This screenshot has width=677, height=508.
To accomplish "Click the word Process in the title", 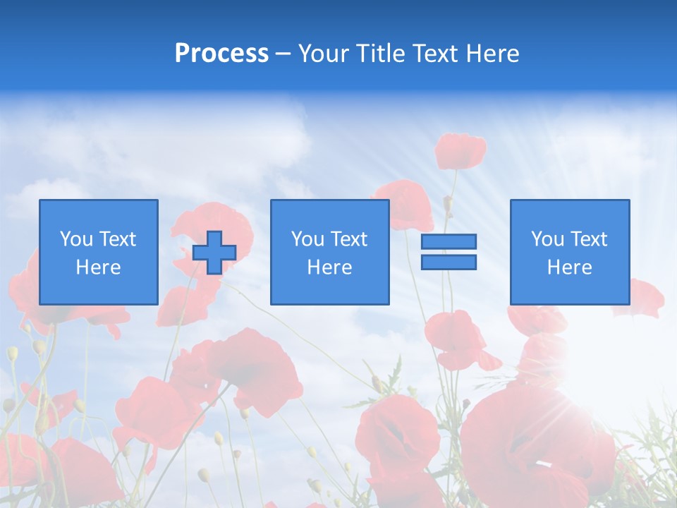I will [x=221, y=54].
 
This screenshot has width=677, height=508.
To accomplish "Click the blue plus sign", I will [x=214, y=253].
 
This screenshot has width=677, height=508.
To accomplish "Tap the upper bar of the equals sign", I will [x=449, y=242].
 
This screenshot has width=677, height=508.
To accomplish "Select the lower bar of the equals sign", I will [x=449, y=262].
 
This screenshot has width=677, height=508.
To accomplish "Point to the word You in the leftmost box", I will [x=76, y=239].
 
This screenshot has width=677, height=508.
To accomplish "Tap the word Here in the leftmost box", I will [x=99, y=267].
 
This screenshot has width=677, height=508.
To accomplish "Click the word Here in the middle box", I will [x=329, y=267].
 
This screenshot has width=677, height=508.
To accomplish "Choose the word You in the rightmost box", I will [x=547, y=239].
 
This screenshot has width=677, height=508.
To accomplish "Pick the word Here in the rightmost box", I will [x=570, y=267].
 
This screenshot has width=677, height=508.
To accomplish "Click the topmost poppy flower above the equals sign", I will [x=460, y=150].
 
